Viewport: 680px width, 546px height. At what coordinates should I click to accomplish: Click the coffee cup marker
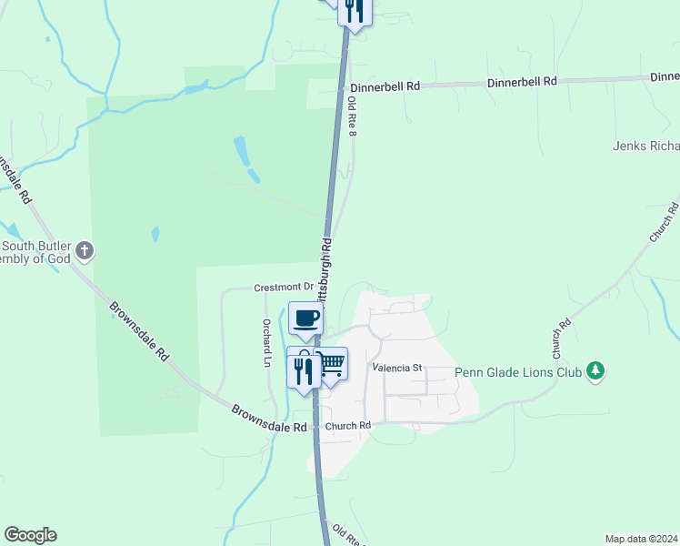coord(305,318)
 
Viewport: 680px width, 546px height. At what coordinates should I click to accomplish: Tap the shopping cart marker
coord(331,364)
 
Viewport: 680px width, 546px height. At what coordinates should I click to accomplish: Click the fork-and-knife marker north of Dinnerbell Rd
coord(355,10)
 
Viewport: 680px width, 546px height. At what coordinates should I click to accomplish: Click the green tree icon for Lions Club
coord(595,371)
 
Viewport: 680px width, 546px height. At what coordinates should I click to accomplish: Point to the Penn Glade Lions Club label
coord(518,372)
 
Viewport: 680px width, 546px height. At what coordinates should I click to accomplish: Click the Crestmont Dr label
coord(283,288)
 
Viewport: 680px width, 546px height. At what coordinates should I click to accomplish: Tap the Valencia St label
coord(398,369)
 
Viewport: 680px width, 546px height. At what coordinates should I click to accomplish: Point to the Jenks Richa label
coord(645,146)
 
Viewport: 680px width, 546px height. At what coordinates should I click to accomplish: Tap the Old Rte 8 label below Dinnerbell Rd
coord(353,116)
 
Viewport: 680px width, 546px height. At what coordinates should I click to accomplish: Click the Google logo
coord(30,535)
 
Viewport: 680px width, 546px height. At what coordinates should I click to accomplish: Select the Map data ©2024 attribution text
coord(641,538)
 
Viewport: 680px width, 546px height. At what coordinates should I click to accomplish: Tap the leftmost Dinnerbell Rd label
coord(385,86)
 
